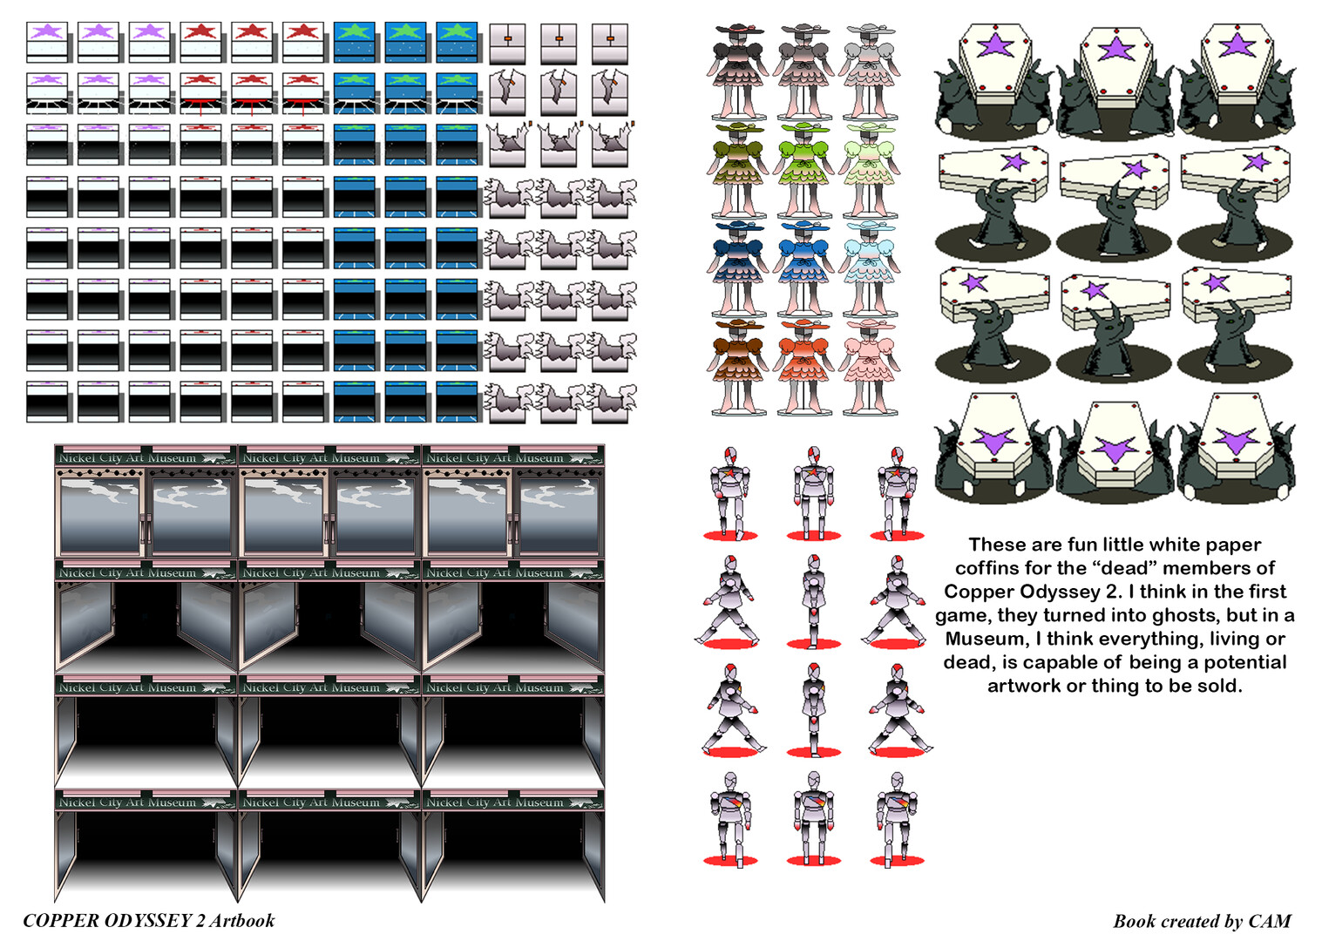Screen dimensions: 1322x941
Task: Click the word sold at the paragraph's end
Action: [x=1221, y=686]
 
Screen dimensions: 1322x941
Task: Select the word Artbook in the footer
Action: [x=242, y=921]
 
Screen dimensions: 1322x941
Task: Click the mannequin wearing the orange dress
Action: [x=803, y=367]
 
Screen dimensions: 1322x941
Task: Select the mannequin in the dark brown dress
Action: [x=737, y=367]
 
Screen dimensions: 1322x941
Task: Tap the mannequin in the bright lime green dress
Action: [x=803, y=171]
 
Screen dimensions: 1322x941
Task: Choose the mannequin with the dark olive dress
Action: [x=737, y=171]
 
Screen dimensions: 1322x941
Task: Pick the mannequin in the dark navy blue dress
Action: [x=737, y=269]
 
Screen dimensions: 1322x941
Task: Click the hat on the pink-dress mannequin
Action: [x=871, y=324]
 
